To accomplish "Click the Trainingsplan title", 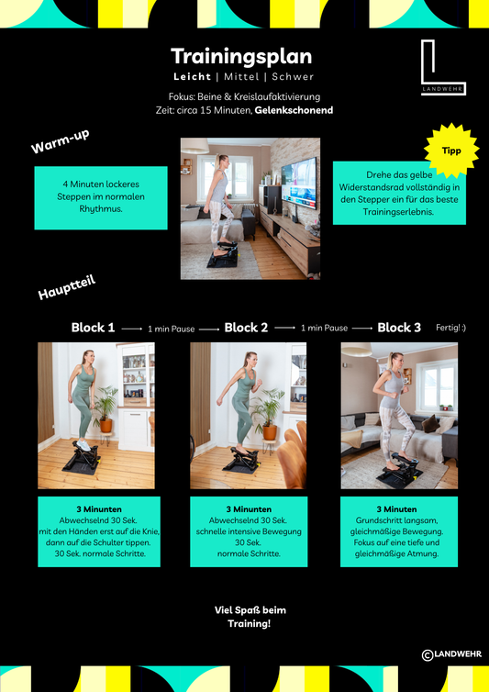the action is pos(241,57).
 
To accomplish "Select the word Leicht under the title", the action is pos(192,77).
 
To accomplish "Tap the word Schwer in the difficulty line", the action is pos(293,77).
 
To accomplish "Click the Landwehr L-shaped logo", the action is pos(442,67).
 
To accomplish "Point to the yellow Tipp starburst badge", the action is pos(451,151).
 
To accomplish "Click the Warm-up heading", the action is pos(60,141).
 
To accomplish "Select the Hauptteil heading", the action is pos(67,287).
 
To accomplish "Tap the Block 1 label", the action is pos(94,328).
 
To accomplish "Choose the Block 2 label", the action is pos(246,328).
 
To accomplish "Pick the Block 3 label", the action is pos(399,328).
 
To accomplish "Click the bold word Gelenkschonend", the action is pos(294,110).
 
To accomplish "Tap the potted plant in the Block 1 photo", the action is pos(105,409).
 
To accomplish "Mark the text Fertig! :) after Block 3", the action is pos(450,328).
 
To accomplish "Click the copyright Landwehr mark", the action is pos(451,654).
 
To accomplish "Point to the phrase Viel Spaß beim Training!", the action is pos(250,617).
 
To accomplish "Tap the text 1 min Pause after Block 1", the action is pos(172,329).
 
